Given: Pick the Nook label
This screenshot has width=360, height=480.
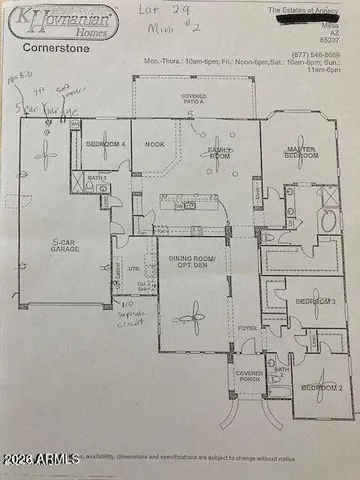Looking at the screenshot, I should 153,144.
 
